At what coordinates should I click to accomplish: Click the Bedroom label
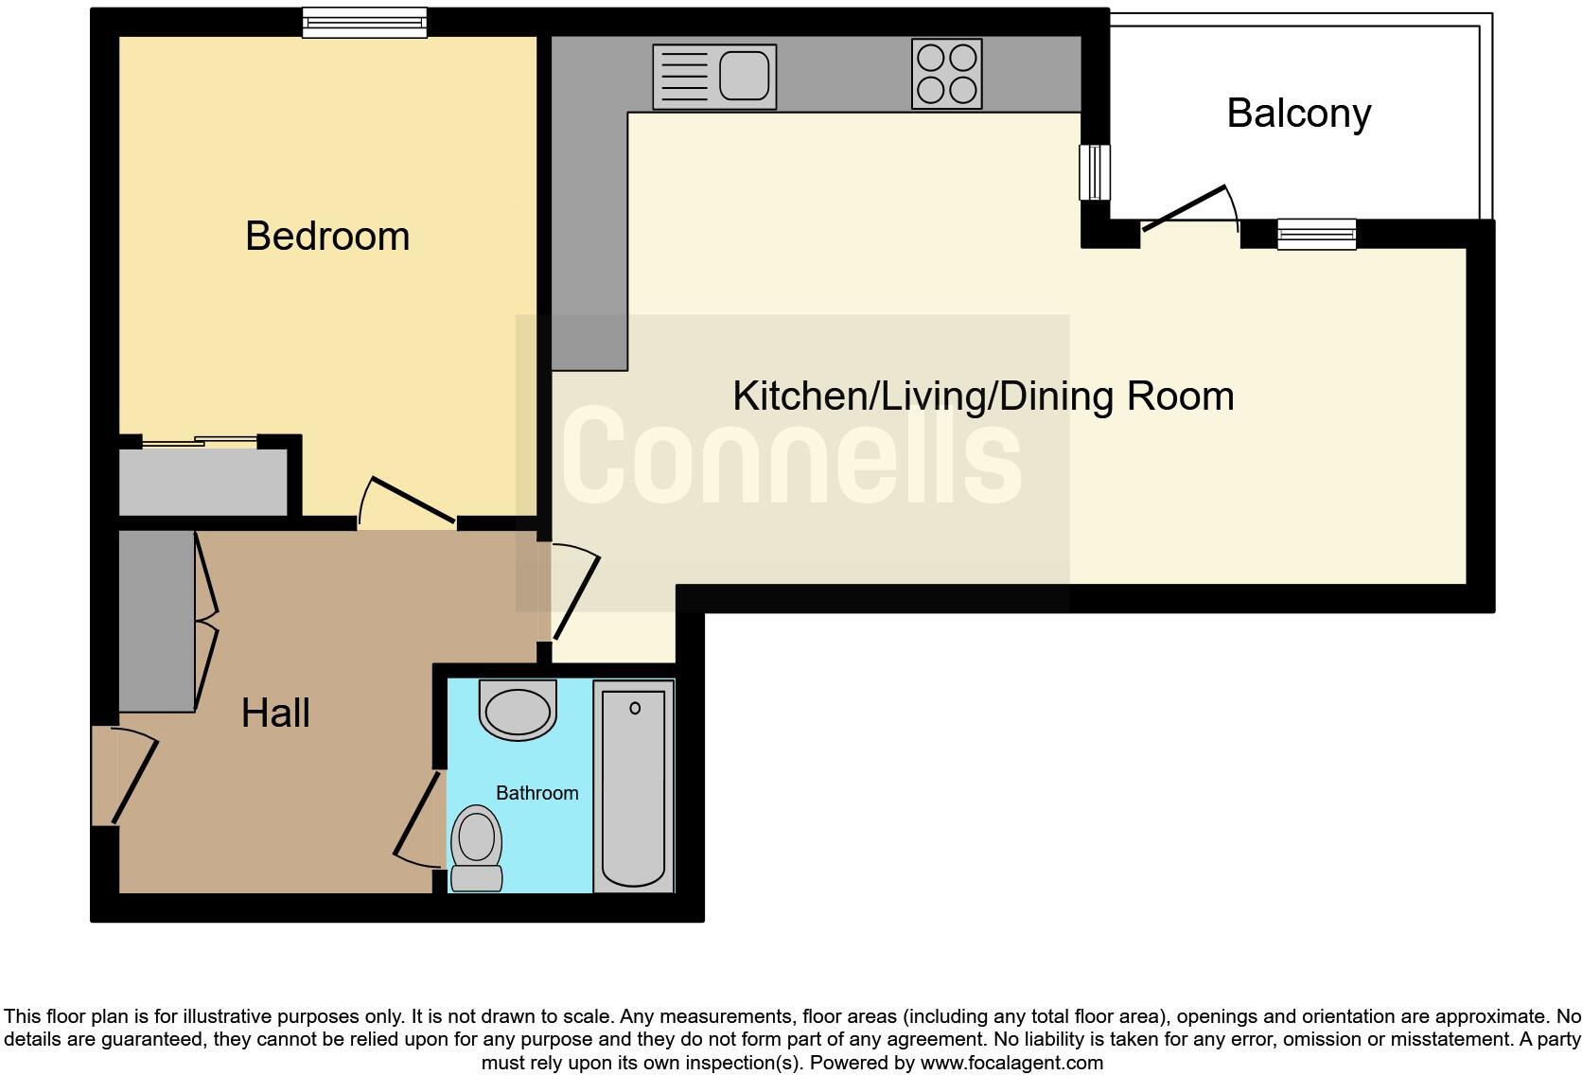327,236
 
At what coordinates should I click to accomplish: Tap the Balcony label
1298,114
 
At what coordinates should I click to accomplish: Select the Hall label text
275,714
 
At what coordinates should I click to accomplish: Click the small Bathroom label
536,793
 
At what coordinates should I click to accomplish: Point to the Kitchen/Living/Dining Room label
982,396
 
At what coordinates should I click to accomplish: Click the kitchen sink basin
744,76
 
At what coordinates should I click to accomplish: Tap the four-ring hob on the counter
946,73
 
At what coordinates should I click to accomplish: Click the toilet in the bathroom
476,848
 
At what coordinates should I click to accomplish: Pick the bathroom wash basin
517,710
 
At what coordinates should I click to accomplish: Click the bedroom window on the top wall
364,22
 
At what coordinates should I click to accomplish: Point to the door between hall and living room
575,594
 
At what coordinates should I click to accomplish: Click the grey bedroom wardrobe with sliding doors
202,481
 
